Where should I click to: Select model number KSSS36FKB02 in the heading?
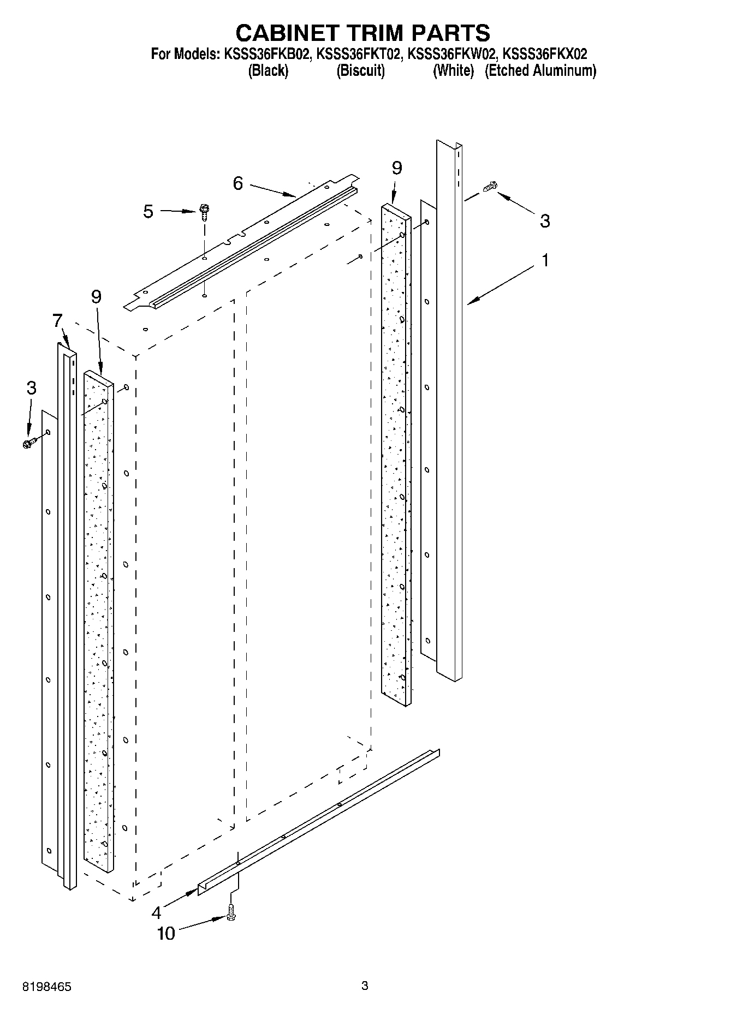[266, 54]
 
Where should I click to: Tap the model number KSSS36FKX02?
[544, 54]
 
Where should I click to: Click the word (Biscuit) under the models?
[360, 70]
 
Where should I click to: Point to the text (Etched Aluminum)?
[540, 70]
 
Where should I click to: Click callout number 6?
[237, 183]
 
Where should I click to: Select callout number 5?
[148, 211]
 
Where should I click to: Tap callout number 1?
[544, 260]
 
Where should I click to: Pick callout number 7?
[58, 320]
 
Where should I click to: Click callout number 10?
[166, 933]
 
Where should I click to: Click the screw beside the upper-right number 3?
[490, 187]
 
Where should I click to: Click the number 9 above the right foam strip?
[397, 168]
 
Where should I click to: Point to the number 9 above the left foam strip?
[96, 297]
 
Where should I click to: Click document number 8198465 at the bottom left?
[47, 987]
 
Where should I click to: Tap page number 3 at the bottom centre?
[365, 986]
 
